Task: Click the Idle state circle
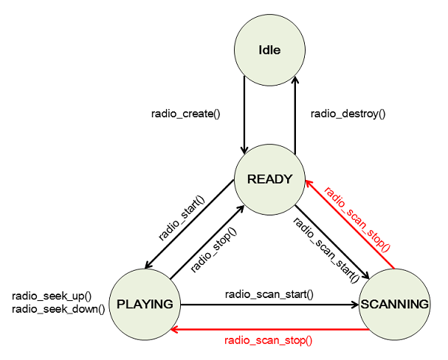click(270, 50)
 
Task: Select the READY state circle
click(270, 179)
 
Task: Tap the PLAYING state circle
click(145, 304)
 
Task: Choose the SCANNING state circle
click(394, 304)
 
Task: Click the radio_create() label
click(186, 114)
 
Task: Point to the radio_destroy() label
click(348, 114)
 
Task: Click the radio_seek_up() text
click(52, 297)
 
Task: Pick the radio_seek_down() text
click(58, 309)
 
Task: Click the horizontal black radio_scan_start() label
click(269, 294)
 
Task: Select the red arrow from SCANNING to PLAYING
click(269, 329)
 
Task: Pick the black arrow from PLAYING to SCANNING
click(269, 304)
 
